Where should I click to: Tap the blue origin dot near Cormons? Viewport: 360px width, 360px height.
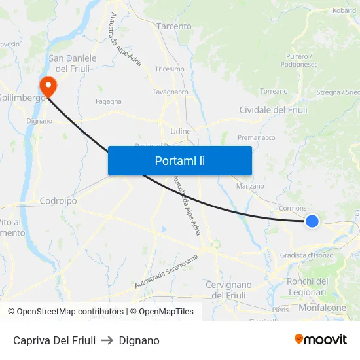[312, 222]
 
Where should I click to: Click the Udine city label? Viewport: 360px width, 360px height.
[180, 132]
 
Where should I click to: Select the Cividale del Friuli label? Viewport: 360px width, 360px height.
[273, 110]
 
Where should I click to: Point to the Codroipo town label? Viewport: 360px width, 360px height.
[58, 201]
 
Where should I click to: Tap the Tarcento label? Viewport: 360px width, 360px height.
[174, 27]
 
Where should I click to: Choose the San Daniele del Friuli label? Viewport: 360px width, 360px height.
[73, 63]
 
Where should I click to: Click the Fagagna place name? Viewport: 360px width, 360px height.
[109, 101]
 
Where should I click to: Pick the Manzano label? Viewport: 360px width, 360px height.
[250, 186]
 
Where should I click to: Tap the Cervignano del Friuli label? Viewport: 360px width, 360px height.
[228, 290]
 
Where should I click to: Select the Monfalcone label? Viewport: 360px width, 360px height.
[322, 308]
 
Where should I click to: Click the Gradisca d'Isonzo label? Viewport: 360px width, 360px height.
[306, 255]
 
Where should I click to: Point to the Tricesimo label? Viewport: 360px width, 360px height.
[170, 69]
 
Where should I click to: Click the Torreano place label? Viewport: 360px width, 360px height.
[274, 91]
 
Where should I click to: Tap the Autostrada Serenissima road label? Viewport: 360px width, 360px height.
[166, 272]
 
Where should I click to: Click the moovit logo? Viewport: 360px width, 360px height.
[321, 339]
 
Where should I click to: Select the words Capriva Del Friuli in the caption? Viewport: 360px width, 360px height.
[54, 340]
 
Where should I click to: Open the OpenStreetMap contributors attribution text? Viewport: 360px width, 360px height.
[65, 312]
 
